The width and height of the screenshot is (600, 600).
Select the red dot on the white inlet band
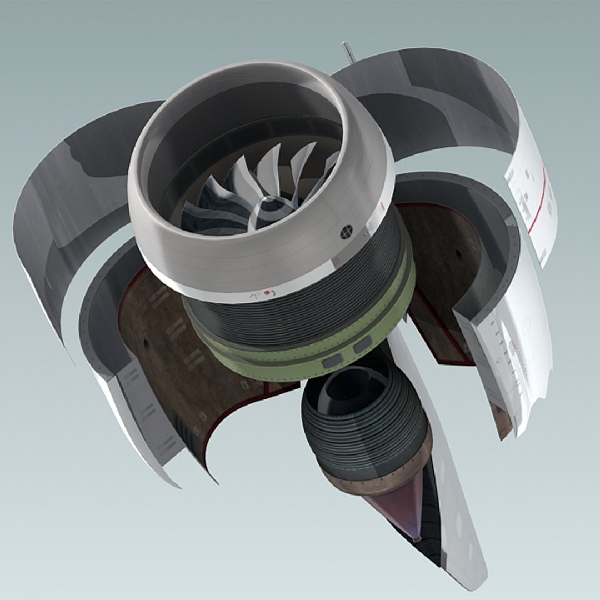[x=267, y=292]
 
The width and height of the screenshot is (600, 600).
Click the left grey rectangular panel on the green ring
[x=333, y=362]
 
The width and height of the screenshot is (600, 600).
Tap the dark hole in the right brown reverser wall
[x=458, y=254]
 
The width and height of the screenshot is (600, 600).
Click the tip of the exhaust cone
[x=416, y=537]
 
